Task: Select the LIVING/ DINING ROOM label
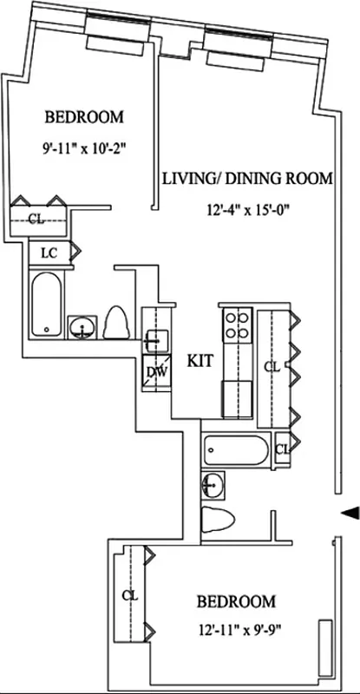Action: point(248,179)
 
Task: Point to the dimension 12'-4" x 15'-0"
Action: point(248,209)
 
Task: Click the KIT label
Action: point(200,358)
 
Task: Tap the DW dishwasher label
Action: point(156,372)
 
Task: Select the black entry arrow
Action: point(349,514)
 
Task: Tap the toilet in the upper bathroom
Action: point(116,324)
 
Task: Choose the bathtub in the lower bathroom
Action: point(236,450)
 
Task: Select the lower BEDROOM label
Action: point(236,601)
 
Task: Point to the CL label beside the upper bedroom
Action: point(35,219)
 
